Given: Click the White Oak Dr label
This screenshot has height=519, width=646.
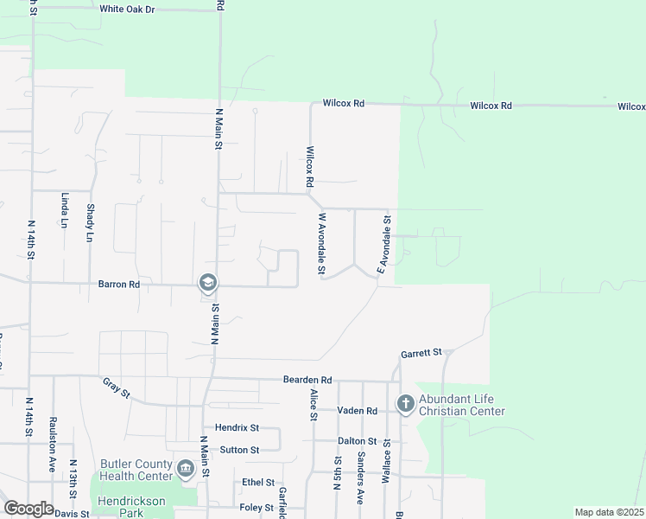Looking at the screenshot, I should (x=126, y=9).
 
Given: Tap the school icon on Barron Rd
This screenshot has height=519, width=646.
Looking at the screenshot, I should (x=207, y=283).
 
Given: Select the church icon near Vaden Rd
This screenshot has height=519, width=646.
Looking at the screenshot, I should (x=405, y=404).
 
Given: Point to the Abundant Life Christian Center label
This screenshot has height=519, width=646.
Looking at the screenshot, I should (x=461, y=405).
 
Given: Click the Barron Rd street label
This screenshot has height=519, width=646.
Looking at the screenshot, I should (x=119, y=284).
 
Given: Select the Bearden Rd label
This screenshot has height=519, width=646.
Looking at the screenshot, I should (x=307, y=380).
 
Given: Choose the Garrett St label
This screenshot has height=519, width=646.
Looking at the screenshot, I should (x=421, y=353).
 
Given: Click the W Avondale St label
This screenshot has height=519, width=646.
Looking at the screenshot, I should (x=322, y=246).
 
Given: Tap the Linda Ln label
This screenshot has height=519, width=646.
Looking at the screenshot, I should (x=65, y=209).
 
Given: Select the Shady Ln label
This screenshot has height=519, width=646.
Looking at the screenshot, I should (x=91, y=222).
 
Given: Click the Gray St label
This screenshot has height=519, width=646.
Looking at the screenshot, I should (x=116, y=388).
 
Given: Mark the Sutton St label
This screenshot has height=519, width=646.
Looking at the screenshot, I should (x=239, y=450).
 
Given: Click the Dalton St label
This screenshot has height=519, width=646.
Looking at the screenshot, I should (x=358, y=441).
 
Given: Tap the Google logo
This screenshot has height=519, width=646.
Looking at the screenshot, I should (x=28, y=509).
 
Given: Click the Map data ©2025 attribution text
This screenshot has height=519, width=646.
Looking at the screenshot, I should (x=610, y=512).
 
